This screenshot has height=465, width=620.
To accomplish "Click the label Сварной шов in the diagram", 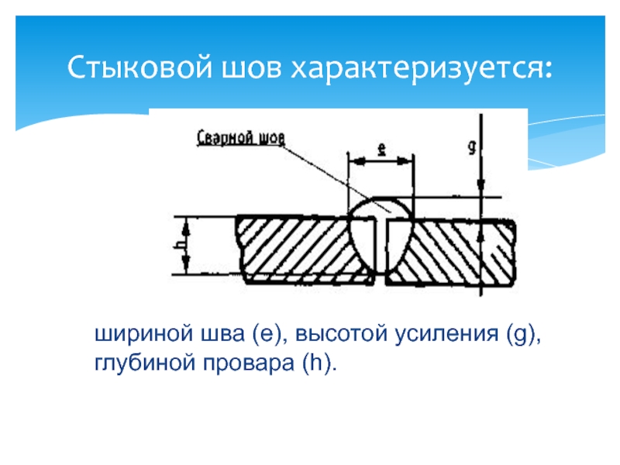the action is pos(241,139).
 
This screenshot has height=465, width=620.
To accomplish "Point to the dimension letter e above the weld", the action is pos(381,150).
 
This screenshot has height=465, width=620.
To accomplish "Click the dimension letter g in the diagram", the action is pos(472,145).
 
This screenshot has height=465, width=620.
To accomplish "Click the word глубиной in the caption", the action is pos(133,362).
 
